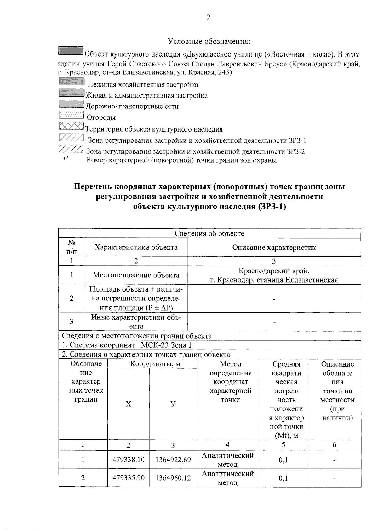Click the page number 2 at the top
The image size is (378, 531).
tap(208, 18)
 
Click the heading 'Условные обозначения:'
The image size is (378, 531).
tap(209, 41)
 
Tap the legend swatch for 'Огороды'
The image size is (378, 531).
tap(71, 116)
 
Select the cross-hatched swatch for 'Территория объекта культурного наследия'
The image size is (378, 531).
tap(71, 126)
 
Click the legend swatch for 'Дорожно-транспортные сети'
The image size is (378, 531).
tap(71, 104)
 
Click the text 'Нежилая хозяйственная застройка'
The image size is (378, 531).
tap(143, 85)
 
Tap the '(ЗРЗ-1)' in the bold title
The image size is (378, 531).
tap(272, 207)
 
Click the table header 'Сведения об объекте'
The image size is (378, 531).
tap(209, 233)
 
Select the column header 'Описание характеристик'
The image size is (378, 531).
tap(274, 247)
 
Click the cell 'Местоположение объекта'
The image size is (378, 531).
tap(136, 275)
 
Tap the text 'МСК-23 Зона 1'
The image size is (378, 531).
tap(166, 345)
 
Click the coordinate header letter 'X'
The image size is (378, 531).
tap(129, 404)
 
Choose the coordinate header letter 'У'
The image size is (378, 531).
tap(173, 404)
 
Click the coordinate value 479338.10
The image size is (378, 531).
tap(129, 460)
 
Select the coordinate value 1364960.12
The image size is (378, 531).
tap(173, 478)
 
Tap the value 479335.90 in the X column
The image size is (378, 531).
tap(129, 478)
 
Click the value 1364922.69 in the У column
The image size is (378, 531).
tap(173, 460)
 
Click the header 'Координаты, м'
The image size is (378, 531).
tap(152, 364)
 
